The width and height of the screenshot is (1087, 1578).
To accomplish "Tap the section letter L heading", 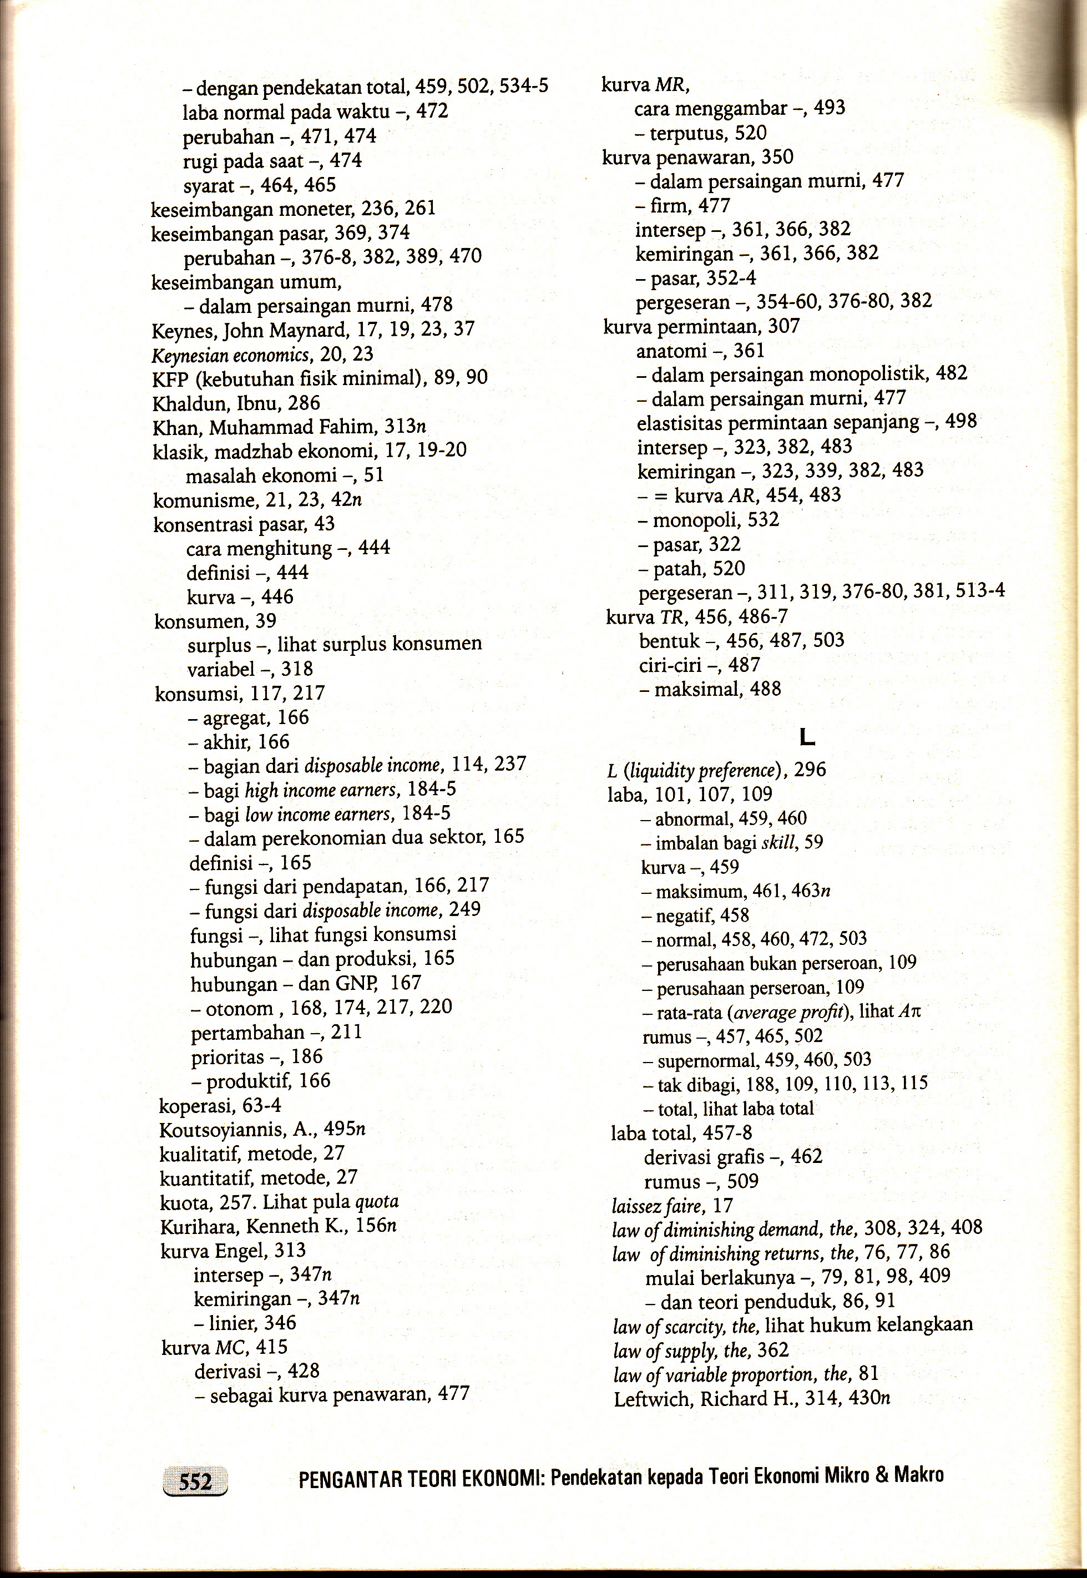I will (808, 736).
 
